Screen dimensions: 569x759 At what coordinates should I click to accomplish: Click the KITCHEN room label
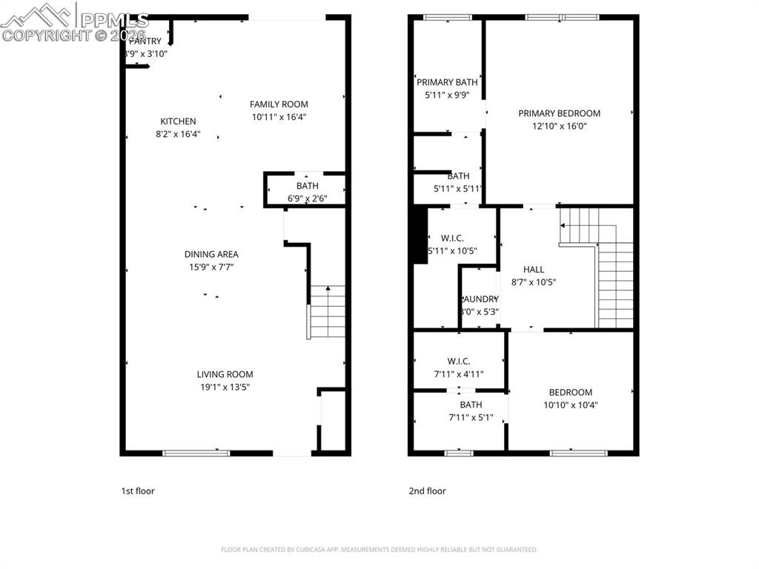(x=178, y=122)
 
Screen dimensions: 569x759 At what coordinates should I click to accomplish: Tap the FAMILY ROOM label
(x=279, y=104)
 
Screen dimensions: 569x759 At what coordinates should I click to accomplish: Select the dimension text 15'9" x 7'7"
(x=212, y=267)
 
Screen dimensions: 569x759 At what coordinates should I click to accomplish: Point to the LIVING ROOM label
(x=225, y=374)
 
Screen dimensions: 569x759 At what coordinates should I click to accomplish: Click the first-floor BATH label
(x=307, y=186)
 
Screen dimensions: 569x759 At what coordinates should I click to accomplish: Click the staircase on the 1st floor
(x=327, y=311)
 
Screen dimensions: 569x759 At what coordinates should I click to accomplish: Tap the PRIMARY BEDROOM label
(x=559, y=113)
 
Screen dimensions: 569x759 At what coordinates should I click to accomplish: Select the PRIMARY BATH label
(x=447, y=82)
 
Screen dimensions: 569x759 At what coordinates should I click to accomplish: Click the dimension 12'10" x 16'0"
(x=559, y=126)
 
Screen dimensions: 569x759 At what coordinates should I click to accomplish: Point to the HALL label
(x=533, y=270)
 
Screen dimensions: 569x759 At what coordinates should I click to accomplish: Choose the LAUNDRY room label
(x=480, y=299)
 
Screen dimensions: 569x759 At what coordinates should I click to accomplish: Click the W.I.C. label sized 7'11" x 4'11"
(x=459, y=361)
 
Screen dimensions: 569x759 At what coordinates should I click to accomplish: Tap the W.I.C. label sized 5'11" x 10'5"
(x=451, y=238)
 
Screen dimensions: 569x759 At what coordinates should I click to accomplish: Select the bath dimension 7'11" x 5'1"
(x=471, y=417)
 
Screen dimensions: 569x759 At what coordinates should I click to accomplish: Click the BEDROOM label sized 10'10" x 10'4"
(x=570, y=393)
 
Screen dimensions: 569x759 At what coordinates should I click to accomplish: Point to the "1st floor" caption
(x=138, y=490)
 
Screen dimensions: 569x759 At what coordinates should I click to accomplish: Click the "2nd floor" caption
(x=427, y=490)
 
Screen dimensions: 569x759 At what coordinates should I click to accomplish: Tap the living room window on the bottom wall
(x=196, y=452)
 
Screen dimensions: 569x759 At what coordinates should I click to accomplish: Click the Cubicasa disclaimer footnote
(x=379, y=550)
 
